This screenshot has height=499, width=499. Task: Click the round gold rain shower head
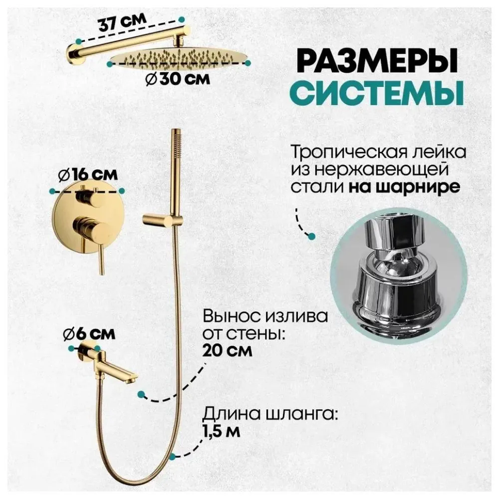click(179, 58)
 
